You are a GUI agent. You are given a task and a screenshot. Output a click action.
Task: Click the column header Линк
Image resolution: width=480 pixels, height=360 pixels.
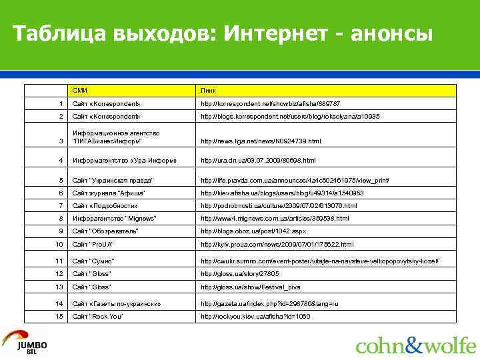[x=208, y=90]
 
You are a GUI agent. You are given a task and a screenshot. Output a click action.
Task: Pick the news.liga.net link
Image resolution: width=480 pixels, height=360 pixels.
[x=261, y=141]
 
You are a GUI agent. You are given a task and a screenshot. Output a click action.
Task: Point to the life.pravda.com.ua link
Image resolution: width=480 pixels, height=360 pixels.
[x=295, y=181]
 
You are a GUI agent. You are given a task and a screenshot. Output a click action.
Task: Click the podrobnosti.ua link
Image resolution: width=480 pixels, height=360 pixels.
[x=279, y=206]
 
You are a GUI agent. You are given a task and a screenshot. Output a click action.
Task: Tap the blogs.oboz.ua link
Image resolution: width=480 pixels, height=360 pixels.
[x=253, y=231]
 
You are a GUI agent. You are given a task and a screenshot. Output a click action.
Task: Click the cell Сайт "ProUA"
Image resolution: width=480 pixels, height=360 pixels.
[x=97, y=245]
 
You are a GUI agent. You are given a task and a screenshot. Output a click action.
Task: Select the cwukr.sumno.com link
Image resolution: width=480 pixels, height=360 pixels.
[x=319, y=261]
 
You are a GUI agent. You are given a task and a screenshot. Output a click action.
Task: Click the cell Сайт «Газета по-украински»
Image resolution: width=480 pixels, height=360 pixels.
[x=117, y=303]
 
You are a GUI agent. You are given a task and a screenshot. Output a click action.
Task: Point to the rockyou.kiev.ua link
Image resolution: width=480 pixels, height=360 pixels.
[x=255, y=316]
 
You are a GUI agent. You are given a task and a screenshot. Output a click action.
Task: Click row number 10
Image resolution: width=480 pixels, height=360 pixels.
[x=59, y=245]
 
